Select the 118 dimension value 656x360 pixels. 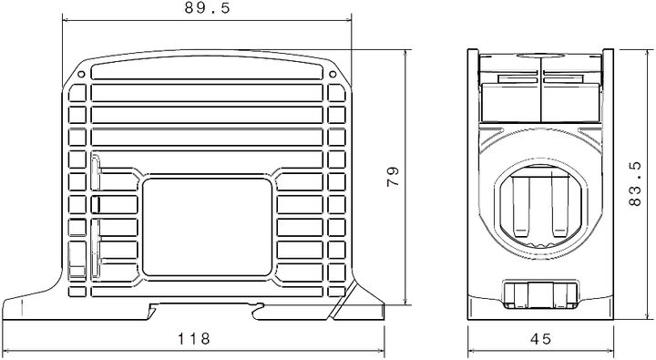pyautogui.click(x=194, y=339)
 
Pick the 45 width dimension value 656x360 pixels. pyautogui.click(x=540, y=339)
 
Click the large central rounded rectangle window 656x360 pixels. pyautogui.click(x=208, y=228)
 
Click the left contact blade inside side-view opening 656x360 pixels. pyautogui.click(x=521, y=206)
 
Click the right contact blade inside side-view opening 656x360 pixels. pyautogui.click(x=559, y=206)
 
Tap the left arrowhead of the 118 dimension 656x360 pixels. pyautogui.click(x=7, y=351)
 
